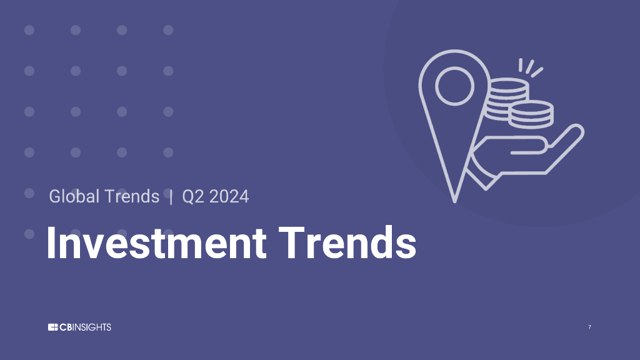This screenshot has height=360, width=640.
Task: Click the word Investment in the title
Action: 156,243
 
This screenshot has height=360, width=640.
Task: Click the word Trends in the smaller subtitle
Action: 132,196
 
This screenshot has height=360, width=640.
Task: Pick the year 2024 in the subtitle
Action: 229,196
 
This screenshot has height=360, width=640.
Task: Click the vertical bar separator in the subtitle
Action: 171,196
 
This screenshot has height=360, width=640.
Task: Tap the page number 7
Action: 589,327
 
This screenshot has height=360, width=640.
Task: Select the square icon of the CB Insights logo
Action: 52,327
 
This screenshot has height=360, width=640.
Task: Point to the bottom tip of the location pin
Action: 455,200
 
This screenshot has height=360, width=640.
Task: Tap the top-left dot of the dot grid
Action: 29,30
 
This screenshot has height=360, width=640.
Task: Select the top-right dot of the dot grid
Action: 168,30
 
